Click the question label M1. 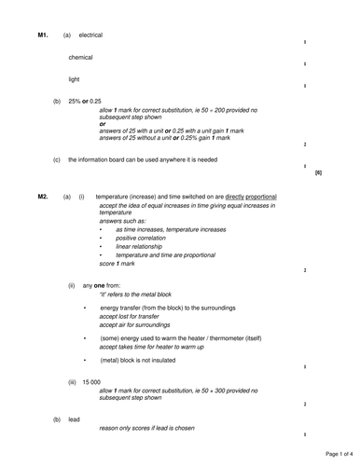point(42,34)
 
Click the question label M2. point(42,197)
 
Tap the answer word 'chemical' point(81,57)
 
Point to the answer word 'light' point(75,79)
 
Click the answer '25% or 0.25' point(86,101)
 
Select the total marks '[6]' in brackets point(318,173)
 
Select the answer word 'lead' point(75,419)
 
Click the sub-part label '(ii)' point(71,285)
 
